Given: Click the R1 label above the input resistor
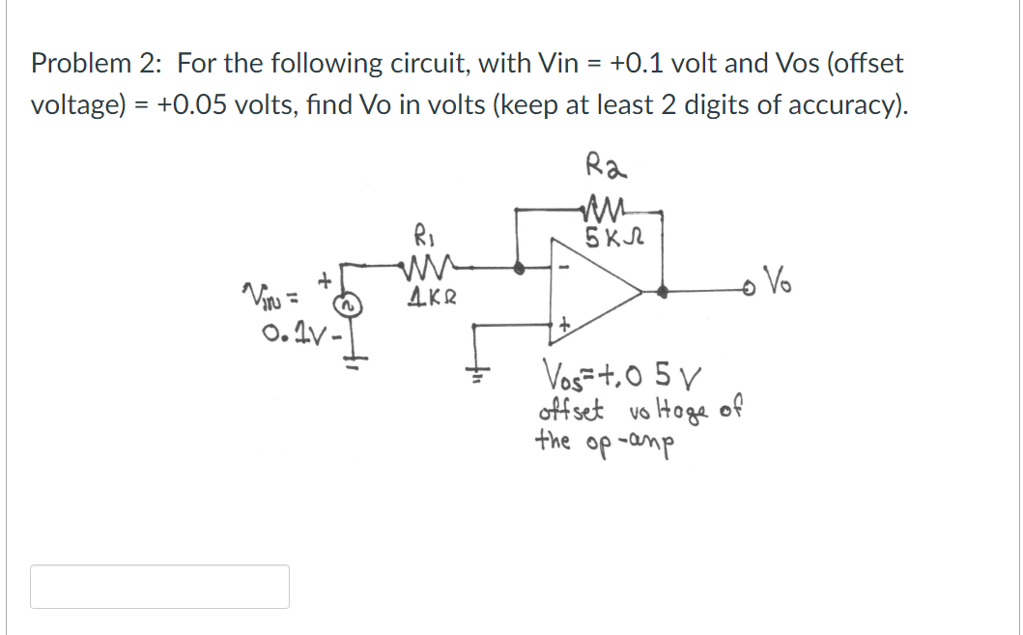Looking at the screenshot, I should tap(422, 233).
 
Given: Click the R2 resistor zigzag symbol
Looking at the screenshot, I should tap(606, 204).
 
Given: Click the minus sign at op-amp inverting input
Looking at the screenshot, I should tap(565, 263).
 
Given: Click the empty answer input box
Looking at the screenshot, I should tap(159, 587).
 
